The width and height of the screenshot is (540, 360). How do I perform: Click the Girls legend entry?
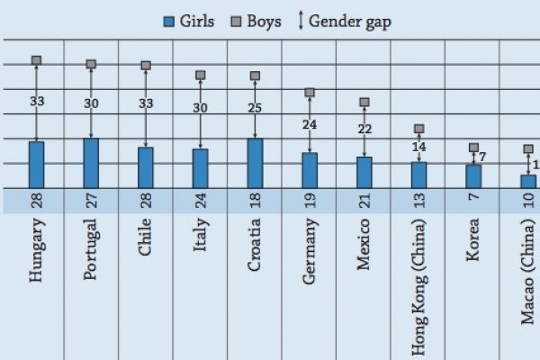click(x=188, y=22)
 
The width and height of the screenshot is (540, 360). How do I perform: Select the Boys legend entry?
click(x=256, y=22)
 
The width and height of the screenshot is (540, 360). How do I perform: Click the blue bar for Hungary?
click(x=37, y=165)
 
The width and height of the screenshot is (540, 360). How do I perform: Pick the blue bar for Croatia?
click(x=255, y=163)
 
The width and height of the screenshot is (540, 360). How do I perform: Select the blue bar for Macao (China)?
click(x=527, y=181)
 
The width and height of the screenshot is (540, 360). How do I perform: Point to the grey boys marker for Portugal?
click(x=91, y=64)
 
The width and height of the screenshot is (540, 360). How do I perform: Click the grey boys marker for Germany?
click(x=310, y=93)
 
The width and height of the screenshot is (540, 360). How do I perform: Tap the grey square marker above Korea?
click(x=473, y=148)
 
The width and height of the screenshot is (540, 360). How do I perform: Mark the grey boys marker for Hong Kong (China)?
click(x=418, y=129)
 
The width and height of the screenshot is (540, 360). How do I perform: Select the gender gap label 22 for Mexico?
click(x=364, y=129)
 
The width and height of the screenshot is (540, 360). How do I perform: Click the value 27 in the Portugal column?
click(x=91, y=200)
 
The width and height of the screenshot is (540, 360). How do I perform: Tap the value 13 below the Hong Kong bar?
click(x=418, y=200)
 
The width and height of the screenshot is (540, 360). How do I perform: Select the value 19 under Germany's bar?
click(x=310, y=200)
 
